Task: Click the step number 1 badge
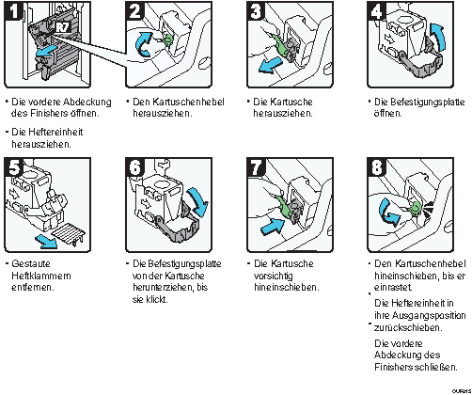click(x=13, y=10)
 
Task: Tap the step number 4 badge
click(x=376, y=10)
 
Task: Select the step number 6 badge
click(x=134, y=166)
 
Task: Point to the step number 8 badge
click(x=376, y=166)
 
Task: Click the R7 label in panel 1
click(x=63, y=27)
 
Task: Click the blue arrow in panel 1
click(x=47, y=52)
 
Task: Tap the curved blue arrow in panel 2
click(x=144, y=44)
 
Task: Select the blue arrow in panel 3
click(x=270, y=66)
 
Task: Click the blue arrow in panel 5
click(x=46, y=242)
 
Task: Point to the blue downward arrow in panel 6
click(x=198, y=202)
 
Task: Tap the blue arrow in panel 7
click(x=272, y=226)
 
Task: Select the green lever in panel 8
click(x=416, y=208)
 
